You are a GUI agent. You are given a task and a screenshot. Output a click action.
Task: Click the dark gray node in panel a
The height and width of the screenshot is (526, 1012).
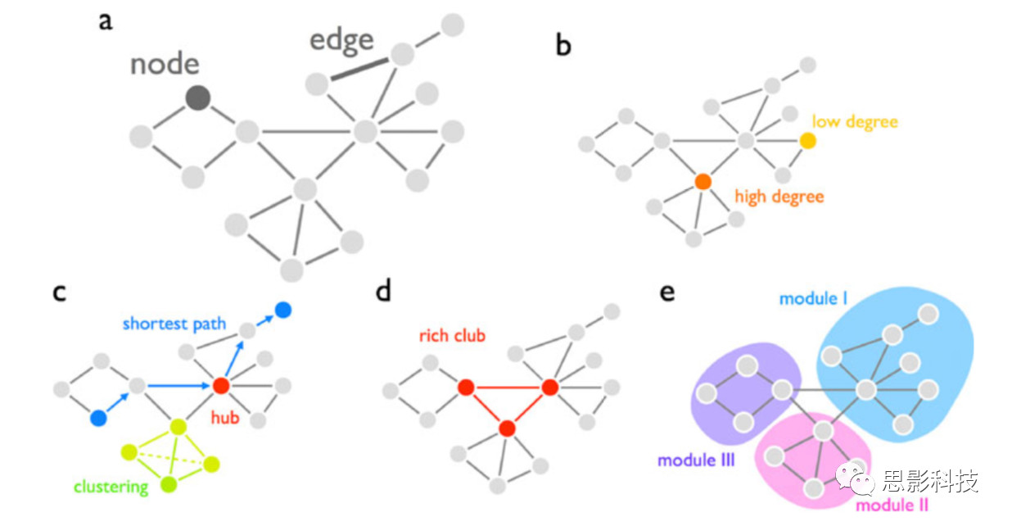point(197,98)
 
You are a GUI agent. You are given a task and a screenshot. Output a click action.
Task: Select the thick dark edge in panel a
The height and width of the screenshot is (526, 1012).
point(359,69)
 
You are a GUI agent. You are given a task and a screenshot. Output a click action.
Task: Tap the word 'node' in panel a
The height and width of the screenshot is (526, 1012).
point(165,63)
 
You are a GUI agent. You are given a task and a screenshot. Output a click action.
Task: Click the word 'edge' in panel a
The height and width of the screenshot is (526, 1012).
point(341,39)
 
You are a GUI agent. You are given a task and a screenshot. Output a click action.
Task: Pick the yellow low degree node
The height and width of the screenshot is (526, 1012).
point(807,141)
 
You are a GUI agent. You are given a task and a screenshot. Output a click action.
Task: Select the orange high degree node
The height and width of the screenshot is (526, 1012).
point(702,181)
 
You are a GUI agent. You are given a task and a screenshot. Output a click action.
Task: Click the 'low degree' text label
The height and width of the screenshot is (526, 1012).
point(854,122)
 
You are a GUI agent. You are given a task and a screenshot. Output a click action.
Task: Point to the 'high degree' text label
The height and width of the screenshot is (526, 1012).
point(779,197)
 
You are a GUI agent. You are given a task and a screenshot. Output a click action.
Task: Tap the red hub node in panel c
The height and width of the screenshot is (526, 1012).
point(219,385)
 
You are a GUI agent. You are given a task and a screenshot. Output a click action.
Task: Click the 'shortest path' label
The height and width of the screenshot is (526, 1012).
point(174,324)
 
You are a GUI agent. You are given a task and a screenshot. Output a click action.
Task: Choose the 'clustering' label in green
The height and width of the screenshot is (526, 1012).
point(111,487)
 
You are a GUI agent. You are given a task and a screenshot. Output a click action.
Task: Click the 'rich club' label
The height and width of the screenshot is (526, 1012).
point(452,336)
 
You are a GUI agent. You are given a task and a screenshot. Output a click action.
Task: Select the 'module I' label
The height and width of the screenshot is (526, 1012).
point(813,299)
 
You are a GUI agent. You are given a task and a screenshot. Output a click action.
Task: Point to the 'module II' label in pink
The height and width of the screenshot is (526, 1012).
point(892,506)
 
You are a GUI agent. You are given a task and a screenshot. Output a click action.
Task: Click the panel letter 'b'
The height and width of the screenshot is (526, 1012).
point(563,46)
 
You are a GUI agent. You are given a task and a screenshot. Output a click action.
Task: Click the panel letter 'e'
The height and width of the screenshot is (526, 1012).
point(667,291)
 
